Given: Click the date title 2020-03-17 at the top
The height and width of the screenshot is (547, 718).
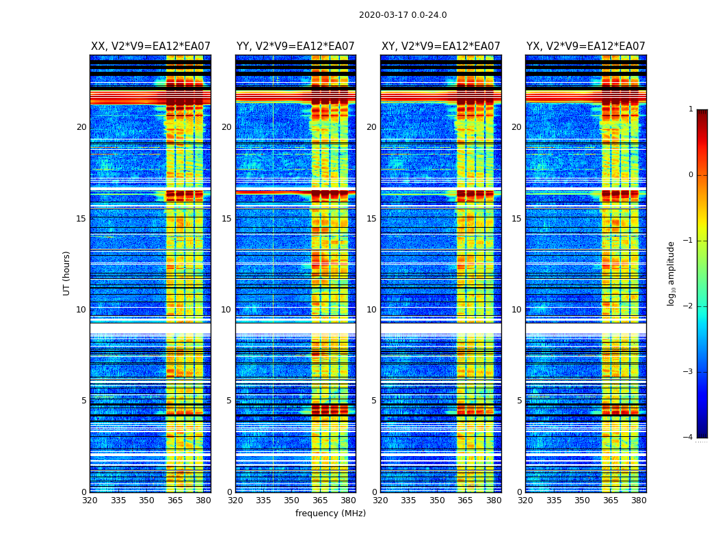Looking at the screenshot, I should (x=403, y=15).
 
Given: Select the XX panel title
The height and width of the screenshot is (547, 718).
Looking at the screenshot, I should (x=150, y=46).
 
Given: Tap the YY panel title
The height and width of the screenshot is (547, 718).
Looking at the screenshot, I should (x=295, y=46).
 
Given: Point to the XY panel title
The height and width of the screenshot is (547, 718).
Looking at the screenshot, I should (x=440, y=46).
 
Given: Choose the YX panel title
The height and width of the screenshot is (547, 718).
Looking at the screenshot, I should (x=585, y=46).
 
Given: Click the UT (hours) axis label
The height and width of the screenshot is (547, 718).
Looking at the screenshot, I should (x=67, y=273).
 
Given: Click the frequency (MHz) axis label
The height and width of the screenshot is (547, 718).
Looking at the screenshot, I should (x=330, y=513).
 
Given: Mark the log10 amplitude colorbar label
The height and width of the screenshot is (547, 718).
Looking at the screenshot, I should (x=672, y=273).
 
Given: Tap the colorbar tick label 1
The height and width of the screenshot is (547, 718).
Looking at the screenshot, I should (x=691, y=109).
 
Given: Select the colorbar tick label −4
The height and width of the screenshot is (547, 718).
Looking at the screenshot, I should (x=689, y=438).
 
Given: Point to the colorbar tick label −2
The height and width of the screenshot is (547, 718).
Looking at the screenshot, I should (x=689, y=306).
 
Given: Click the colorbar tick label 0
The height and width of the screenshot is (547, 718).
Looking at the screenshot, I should (x=691, y=175).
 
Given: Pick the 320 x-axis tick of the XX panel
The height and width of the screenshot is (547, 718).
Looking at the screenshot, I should (x=90, y=501).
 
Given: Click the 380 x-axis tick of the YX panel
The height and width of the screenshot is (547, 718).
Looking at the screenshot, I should (x=639, y=501).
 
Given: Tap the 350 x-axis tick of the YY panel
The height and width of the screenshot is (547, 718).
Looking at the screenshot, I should (x=292, y=501).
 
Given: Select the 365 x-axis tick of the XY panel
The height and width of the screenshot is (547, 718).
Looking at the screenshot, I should (x=465, y=501).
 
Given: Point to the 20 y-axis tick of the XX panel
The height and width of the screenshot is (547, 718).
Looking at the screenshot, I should (x=81, y=127).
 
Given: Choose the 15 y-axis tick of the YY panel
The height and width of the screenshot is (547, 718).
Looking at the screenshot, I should (x=226, y=219).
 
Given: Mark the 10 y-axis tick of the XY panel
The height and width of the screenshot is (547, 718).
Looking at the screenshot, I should (x=371, y=310).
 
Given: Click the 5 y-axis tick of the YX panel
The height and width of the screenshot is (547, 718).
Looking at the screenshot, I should (x=519, y=401).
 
